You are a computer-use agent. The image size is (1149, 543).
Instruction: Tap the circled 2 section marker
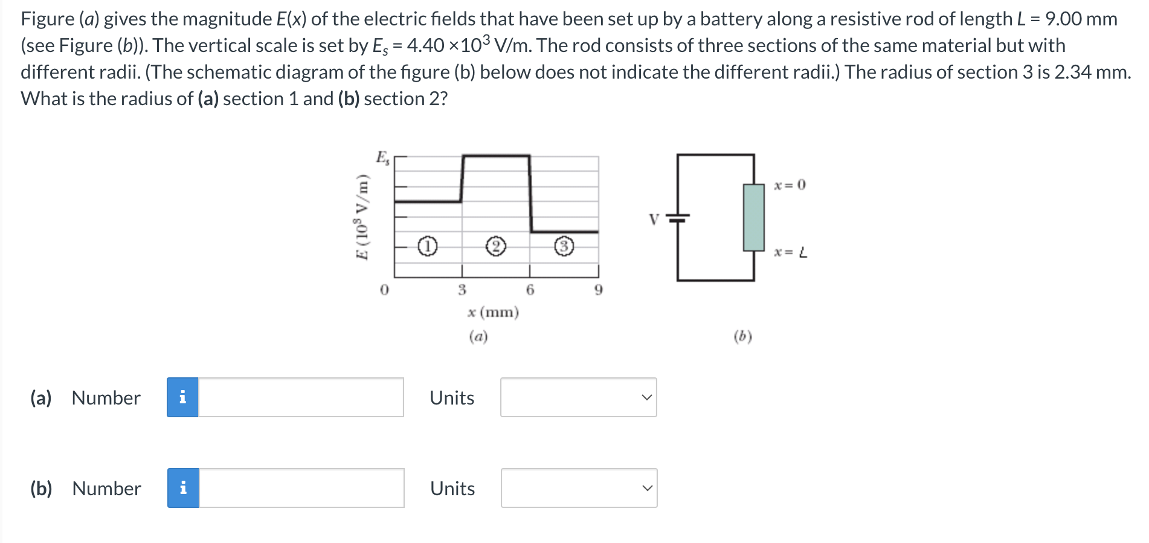(495, 247)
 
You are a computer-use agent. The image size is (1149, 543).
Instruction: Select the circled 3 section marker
(564, 247)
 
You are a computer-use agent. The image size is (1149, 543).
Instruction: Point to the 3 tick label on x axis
(462, 290)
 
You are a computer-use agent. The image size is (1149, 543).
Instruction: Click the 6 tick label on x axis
(530, 290)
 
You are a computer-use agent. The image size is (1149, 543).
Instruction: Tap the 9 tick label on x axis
(598, 290)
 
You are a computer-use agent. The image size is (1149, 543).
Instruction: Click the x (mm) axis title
(493, 312)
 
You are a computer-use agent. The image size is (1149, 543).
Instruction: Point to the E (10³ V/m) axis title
(362, 217)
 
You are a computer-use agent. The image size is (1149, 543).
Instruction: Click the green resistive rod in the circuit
(753, 217)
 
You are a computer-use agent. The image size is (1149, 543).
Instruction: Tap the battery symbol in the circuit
(678, 218)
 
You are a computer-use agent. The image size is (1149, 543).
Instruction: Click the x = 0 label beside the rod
(790, 185)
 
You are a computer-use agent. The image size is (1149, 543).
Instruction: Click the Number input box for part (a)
(301, 397)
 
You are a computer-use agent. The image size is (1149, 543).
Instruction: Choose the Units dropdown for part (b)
(579, 488)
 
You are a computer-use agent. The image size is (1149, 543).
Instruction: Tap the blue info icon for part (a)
(182, 397)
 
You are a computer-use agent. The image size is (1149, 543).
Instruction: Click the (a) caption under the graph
(478, 336)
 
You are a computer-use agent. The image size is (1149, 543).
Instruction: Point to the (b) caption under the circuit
(742, 336)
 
